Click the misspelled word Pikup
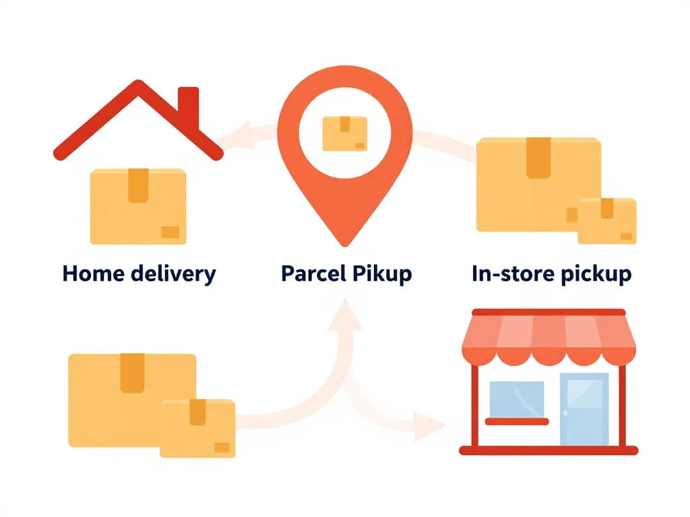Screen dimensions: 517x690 382,274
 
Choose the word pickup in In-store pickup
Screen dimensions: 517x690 597,275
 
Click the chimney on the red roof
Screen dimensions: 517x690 189,108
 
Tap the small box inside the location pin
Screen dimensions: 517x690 345,133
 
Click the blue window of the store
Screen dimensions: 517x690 516,399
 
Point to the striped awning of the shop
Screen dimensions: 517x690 548,337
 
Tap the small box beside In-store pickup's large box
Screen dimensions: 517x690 606,220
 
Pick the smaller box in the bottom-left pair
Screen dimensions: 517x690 197,428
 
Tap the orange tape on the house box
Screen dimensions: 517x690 138,185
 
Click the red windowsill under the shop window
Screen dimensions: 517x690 516,422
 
